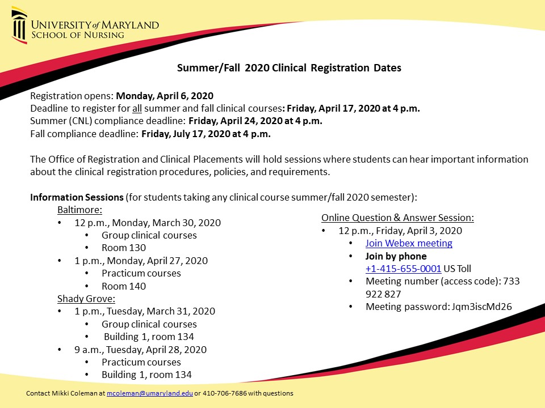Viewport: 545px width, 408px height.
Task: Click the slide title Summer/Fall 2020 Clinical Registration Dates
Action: [x=289, y=68]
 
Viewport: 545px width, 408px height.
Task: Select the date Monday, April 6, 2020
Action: [x=165, y=96]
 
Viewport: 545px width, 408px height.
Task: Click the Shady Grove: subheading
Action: [x=86, y=299]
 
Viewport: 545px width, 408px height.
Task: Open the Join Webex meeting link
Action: [x=409, y=244]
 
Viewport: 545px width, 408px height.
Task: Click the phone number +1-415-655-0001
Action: [x=403, y=269]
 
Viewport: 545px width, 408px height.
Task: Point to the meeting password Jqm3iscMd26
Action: [x=481, y=307]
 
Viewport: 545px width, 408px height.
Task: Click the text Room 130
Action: [x=124, y=248]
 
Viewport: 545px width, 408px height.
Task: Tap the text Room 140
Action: [x=124, y=286]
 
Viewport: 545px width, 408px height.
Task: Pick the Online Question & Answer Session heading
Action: [x=397, y=218]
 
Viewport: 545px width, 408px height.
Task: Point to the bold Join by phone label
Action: [x=396, y=256]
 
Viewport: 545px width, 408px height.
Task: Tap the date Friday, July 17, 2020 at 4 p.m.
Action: [x=206, y=134]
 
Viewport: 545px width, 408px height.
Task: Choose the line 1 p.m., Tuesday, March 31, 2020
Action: [x=145, y=311]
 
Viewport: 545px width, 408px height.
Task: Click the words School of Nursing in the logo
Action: [x=78, y=35]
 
